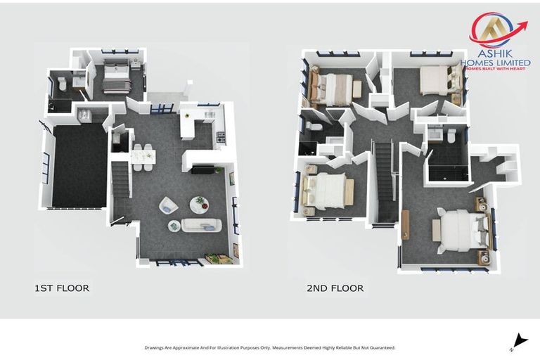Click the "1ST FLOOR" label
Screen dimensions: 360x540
point(62,288)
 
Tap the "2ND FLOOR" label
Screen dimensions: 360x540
point(335,288)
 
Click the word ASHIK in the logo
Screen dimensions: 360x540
point(495,53)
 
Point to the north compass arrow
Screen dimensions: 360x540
point(518,340)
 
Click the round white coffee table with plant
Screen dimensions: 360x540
point(199,204)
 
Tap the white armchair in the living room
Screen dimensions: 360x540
point(168,205)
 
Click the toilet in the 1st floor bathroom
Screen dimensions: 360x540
point(63,84)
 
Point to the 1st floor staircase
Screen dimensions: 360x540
point(121,179)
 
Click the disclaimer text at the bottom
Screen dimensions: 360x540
point(270,347)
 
